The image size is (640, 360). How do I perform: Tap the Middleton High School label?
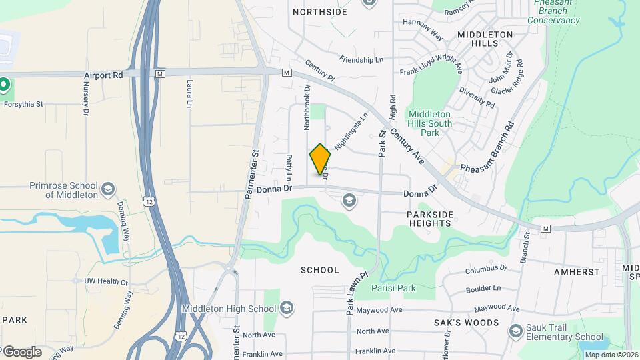pos(229,309)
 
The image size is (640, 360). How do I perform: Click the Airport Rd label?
pos(103,76)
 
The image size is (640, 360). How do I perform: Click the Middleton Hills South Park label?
pos(430,123)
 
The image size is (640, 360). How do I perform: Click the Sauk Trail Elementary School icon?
pos(515,331)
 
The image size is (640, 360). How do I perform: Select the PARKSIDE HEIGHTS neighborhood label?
pos(430,219)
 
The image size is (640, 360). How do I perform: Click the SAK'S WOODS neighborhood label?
pos(473,323)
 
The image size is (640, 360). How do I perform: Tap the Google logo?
pos(21,352)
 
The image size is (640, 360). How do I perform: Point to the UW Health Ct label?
pos(105,282)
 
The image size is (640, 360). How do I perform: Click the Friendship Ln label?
pos(361,60)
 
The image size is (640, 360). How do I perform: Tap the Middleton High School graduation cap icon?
pos(287,308)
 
